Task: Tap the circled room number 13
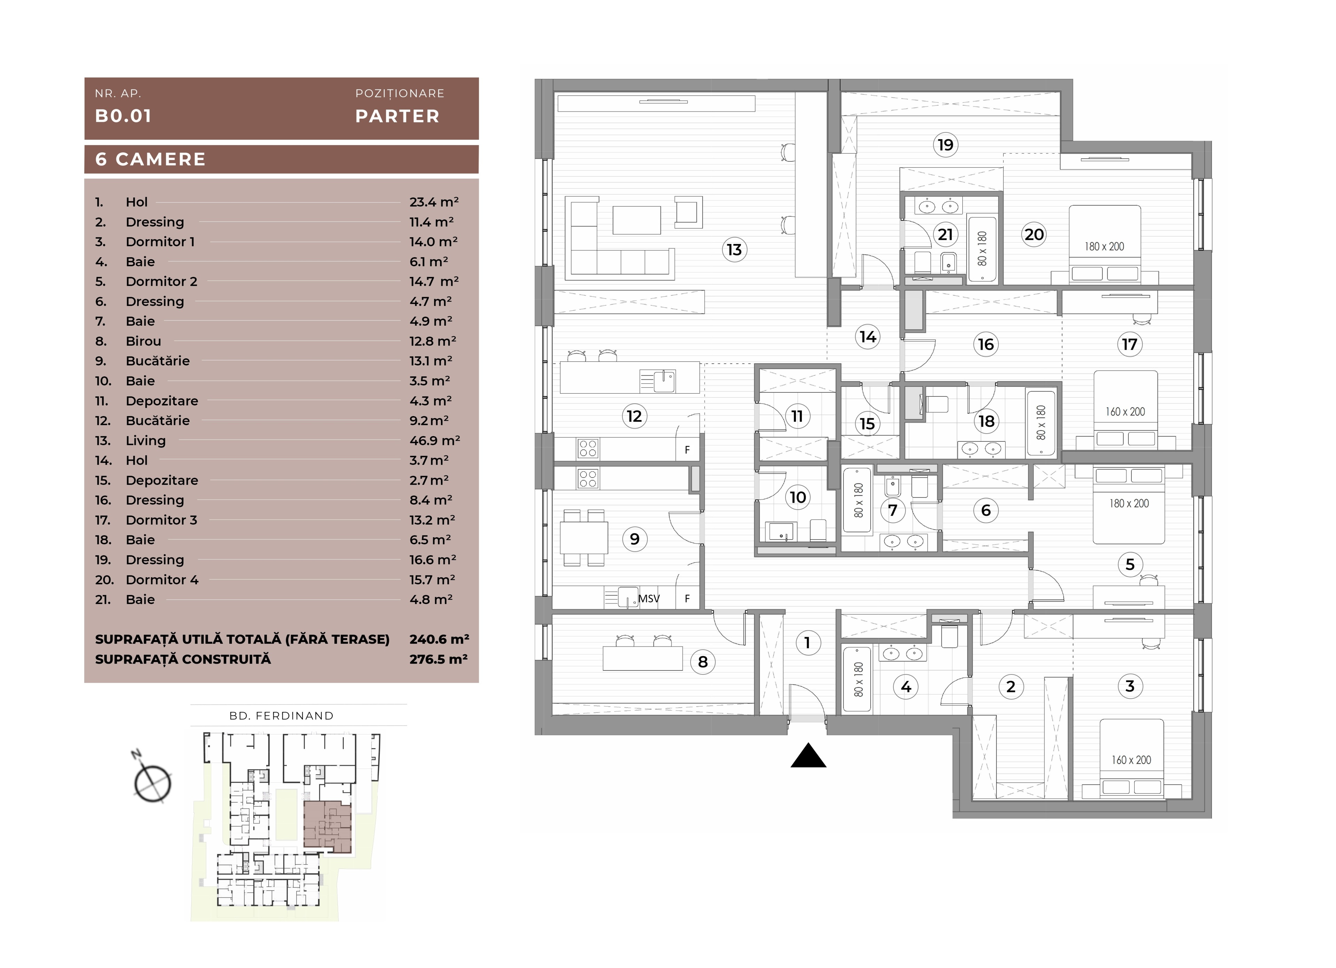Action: tap(734, 250)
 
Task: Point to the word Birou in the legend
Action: tap(143, 341)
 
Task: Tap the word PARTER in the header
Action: tap(397, 116)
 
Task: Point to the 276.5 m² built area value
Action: tap(439, 659)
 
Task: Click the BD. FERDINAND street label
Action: tap(281, 716)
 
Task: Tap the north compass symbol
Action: tap(152, 783)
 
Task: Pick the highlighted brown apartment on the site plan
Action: tap(327, 827)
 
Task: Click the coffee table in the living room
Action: tap(636, 220)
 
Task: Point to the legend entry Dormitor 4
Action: tap(162, 580)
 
